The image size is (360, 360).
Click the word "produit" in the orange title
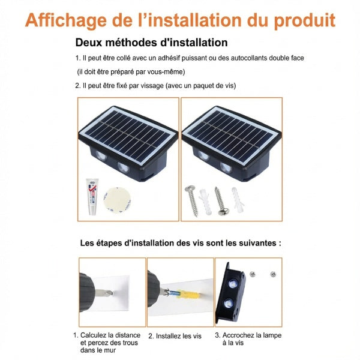click(x=304, y=20)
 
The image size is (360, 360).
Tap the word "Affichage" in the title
click(x=65, y=20)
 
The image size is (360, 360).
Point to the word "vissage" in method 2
click(x=152, y=86)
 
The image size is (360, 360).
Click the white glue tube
click(x=92, y=197)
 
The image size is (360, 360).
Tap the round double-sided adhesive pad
click(x=117, y=200)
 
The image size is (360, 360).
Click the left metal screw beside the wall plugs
click(x=192, y=200)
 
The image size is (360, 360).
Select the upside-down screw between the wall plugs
click(x=221, y=201)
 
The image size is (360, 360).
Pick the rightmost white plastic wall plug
click(x=238, y=200)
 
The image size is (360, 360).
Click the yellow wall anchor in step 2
click(x=190, y=295)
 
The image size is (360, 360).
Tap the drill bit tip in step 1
click(x=110, y=293)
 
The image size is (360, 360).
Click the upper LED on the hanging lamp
click(x=233, y=284)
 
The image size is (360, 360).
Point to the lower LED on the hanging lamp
click(x=229, y=304)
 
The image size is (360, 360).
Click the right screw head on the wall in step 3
click(x=273, y=274)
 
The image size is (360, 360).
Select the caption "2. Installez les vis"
click(x=175, y=336)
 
